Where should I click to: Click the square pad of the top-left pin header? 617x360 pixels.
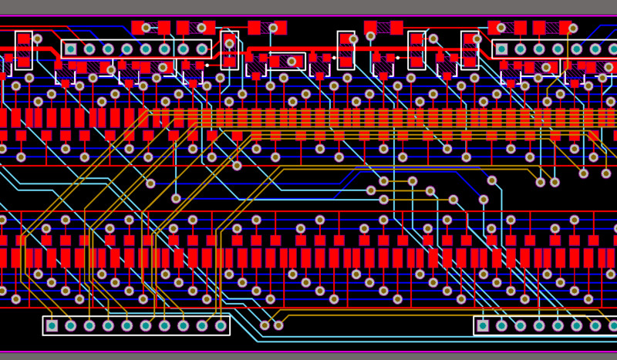(71, 49)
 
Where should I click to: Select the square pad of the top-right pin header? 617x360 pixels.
(502, 49)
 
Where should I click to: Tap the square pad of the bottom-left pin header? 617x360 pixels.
(52, 325)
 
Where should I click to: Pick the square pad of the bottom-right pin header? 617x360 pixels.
(483, 325)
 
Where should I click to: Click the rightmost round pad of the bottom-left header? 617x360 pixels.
(221, 325)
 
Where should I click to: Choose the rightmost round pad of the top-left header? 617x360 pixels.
(202, 49)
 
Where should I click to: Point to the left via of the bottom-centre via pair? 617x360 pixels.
(265, 325)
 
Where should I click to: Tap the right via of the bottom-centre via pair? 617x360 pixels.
(278, 325)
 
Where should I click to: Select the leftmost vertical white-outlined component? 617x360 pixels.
(24, 49)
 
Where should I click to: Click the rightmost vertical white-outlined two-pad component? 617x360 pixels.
(470, 50)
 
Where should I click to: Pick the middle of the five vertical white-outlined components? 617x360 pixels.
(346, 50)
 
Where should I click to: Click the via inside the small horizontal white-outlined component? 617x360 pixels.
(292, 61)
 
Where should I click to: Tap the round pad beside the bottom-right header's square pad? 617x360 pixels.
(501, 325)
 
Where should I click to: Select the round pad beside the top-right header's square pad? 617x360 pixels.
(521, 49)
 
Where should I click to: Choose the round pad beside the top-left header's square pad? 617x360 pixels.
(89, 49)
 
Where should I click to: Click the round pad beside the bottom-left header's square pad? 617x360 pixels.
(71, 325)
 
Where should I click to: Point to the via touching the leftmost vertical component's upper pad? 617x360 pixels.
(37, 39)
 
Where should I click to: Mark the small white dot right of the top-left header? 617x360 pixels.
(207, 65)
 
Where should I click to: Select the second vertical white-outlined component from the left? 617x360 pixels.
(229, 50)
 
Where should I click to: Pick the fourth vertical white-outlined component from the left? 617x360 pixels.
(416, 50)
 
